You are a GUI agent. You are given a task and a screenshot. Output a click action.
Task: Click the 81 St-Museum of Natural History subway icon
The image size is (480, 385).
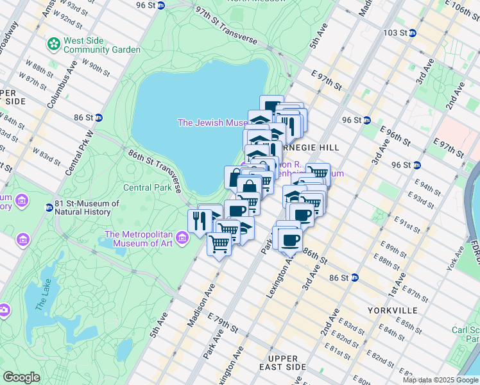[x=49, y=207]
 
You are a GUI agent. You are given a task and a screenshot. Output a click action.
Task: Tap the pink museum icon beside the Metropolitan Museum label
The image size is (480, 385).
[x=183, y=239]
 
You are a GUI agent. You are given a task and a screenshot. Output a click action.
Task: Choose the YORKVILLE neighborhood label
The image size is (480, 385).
[x=393, y=311]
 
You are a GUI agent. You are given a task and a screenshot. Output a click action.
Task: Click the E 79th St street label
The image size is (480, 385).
[x=224, y=325]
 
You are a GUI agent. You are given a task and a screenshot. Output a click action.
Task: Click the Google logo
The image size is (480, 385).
[x=22, y=377]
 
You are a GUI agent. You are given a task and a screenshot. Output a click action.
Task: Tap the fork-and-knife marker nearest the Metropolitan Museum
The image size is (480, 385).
[x=198, y=221]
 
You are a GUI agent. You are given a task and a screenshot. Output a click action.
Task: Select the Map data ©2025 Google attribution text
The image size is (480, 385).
[x=440, y=380]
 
